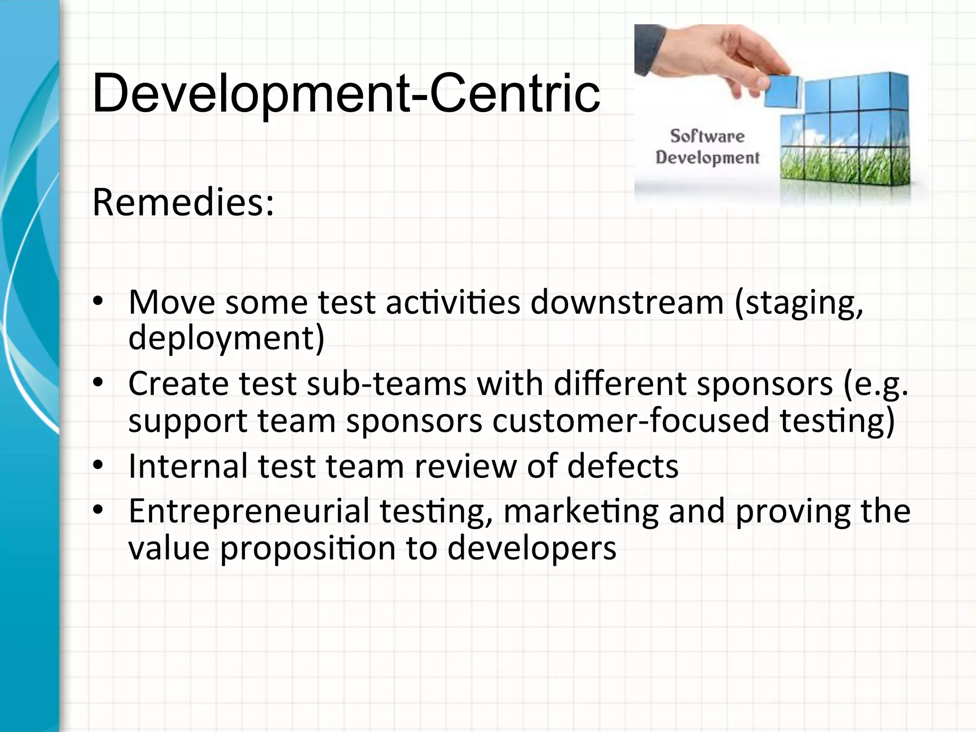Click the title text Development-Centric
click(x=346, y=93)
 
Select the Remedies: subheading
click(x=183, y=203)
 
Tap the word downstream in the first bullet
click(x=627, y=303)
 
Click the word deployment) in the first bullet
click(x=226, y=338)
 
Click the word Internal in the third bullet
click(x=188, y=466)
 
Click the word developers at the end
click(x=532, y=548)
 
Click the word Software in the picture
click(x=707, y=136)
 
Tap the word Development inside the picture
click(x=707, y=157)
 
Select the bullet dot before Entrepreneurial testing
click(x=98, y=510)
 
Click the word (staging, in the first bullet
click(x=799, y=304)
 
